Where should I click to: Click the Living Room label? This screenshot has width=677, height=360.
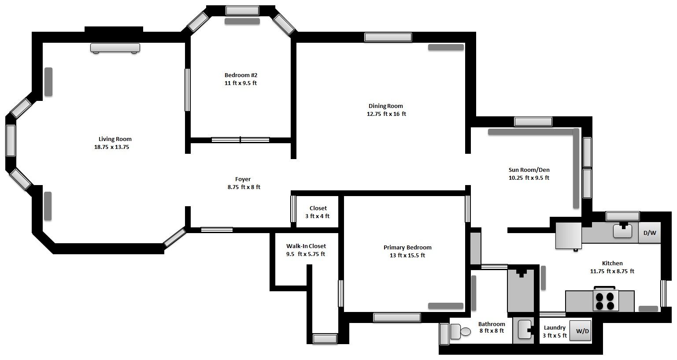115,139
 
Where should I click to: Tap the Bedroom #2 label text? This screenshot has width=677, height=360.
241,75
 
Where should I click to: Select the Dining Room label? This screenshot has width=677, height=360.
386,106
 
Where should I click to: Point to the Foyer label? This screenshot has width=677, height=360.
243,179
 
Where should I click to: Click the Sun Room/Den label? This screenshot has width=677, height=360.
529,170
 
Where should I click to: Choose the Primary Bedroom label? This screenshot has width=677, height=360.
407,247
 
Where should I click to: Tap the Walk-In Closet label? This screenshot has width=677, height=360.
306,246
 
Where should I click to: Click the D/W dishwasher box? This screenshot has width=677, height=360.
650,233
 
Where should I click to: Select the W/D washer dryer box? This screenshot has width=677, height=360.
580,330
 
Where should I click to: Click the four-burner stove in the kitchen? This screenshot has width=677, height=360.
606,300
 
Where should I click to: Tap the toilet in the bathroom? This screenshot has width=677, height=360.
460,332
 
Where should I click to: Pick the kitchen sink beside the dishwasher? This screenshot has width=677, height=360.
622,230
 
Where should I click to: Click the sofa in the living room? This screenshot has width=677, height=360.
115,48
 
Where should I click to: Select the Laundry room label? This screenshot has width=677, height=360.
555,328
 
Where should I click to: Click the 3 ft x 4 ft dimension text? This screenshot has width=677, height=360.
317,216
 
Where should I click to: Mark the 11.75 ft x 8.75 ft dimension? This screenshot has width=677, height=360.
612,271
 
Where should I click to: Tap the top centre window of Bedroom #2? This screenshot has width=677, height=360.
242,11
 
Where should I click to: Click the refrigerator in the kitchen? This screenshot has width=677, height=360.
569,236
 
